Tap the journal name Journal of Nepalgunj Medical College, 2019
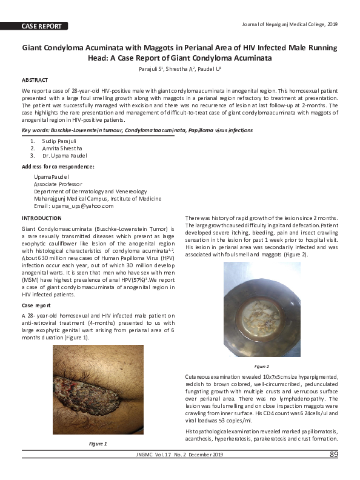coord(288,24)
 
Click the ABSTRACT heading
coord(35,80)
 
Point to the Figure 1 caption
coord(98,444)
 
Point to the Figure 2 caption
coord(262,367)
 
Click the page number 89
coord(334,455)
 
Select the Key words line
coord(137,130)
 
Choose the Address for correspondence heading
coord(58,166)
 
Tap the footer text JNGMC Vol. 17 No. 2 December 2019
coord(180,455)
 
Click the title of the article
coord(180,53)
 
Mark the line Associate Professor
coord(58,184)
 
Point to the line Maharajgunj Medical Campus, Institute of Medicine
coord(98,198)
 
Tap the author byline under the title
coord(180,70)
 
